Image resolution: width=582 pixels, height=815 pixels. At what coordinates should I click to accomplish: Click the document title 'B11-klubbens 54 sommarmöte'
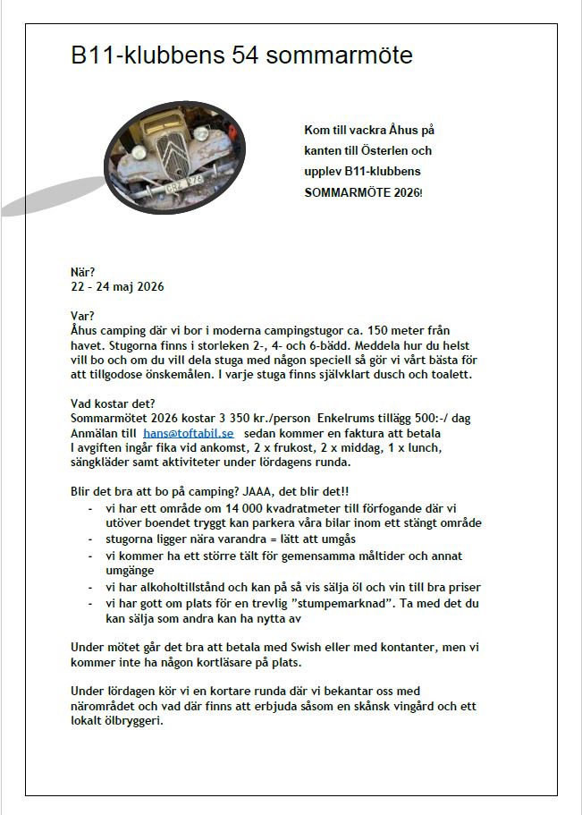click(241, 55)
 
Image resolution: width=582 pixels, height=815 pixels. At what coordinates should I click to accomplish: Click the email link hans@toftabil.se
click(188, 432)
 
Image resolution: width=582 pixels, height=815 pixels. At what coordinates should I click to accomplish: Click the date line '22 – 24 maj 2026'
click(117, 287)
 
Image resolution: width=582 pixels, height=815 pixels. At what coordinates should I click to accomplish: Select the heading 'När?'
click(83, 272)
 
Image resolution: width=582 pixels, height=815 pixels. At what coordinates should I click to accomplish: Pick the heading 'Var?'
click(82, 315)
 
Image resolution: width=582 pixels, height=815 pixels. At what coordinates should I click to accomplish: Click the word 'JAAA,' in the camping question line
click(266, 491)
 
